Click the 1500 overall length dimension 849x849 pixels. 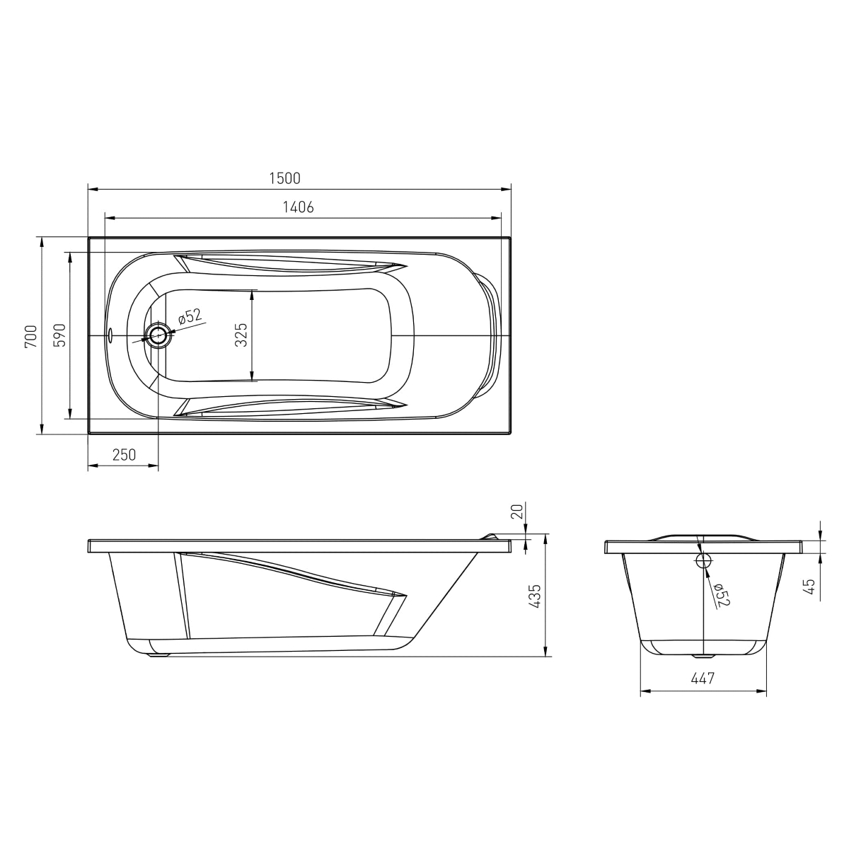tap(284, 178)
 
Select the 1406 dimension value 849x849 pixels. tap(298, 207)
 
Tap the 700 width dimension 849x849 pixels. tap(31, 337)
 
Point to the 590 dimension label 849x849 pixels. tap(59, 335)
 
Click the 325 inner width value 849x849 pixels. tap(241, 335)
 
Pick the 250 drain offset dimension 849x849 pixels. tap(124, 455)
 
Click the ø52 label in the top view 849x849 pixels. tap(190, 316)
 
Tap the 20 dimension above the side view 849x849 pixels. tap(518, 511)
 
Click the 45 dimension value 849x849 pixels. tap(809, 587)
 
